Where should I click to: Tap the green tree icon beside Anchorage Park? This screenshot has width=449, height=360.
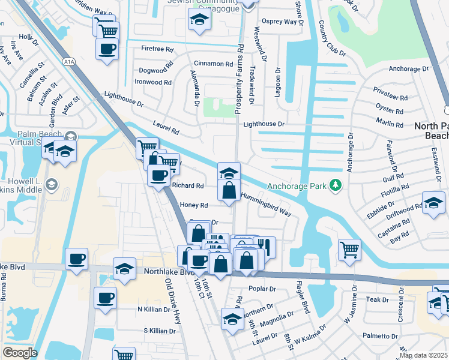pyautogui.click(x=335, y=185)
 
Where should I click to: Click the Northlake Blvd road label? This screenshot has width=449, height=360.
pyautogui.click(x=161, y=271)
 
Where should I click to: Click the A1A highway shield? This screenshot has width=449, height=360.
pyautogui.click(x=68, y=61)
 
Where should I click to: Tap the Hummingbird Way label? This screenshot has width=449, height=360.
pyautogui.click(x=266, y=205)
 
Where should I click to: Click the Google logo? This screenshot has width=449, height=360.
pyautogui.click(x=19, y=353)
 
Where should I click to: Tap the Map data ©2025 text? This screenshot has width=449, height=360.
pyautogui.click(x=423, y=355)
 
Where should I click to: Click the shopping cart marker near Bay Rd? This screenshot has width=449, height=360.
pyautogui.click(x=349, y=248)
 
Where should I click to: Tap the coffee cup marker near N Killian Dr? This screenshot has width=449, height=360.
pyautogui.click(x=105, y=297)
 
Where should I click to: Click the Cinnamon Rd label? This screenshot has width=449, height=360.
pyautogui.click(x=213, y=64)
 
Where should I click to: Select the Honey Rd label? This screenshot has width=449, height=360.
pyautogui.click(x=193, y=205)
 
